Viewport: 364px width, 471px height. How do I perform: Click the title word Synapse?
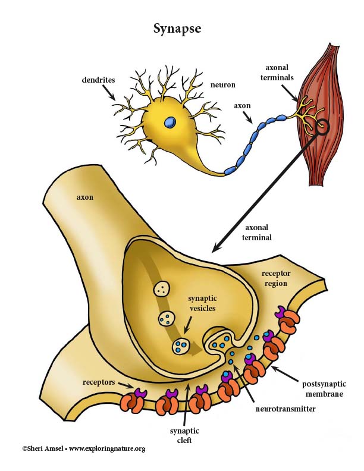pos(177,29)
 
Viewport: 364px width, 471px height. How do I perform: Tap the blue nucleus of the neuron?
pos(170,122)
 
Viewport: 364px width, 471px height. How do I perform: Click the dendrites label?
pos(98,80)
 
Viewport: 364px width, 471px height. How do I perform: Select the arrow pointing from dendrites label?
pos(109,93)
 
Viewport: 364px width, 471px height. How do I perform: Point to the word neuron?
pos(222,84)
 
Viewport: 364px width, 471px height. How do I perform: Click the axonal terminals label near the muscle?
pos(277,73)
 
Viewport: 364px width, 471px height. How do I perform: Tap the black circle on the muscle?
pos(323,127)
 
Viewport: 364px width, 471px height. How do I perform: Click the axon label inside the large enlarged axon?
pos(85,197)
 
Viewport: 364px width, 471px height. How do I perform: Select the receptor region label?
pos(276,278)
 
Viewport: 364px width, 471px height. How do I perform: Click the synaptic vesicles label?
pos(202,303)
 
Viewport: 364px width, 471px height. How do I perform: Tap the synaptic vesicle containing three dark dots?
pos(162,289)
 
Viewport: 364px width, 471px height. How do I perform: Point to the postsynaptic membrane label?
pos(324,389)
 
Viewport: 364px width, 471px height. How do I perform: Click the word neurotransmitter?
pos(285,409)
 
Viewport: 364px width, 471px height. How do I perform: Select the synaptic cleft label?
pos(184,435)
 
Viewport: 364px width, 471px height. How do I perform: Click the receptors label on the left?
pos(99,382)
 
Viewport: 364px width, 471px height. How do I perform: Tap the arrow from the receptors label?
pos(125,385)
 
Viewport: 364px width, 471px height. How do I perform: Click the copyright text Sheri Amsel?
pos(42,449)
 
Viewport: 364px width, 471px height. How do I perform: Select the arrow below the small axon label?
pos(248,118)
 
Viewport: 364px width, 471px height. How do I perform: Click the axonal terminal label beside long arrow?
pos(257,233)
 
